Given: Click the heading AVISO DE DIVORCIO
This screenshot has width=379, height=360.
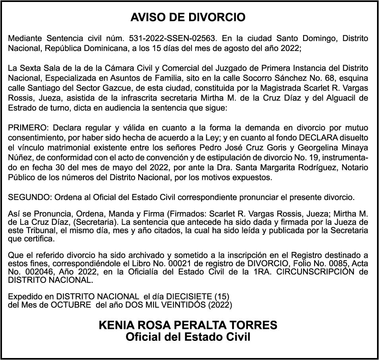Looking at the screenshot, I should pyautogui.click(x=188, y=18).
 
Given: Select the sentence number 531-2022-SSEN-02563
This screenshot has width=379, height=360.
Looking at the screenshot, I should pyautogui.click(x=173, y=39).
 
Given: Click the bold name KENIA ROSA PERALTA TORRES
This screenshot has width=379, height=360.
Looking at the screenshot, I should pyautogui.click(x=188, y=325).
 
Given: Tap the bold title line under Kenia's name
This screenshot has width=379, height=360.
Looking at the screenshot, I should pyautogui.click(x=188, y=337).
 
